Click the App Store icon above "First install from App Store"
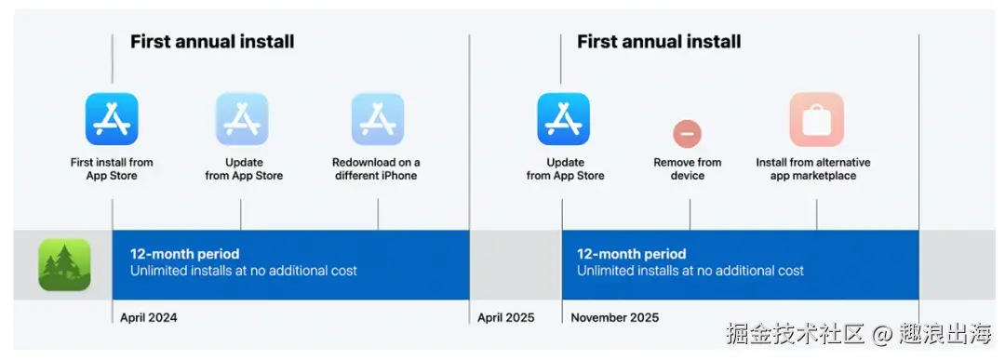[113, 119]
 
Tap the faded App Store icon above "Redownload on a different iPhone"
[378, 119]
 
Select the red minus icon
[687, 134]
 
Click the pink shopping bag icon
[817, 120]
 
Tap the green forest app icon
[64, 264]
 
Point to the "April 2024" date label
[149, 318]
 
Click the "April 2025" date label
[505, 318]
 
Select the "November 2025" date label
[615, 318]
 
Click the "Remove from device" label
[688, 169]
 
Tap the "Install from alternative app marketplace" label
[813, 169]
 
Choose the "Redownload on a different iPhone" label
[376, 169]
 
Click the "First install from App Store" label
[112, 169]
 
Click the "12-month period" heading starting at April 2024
[184, 254]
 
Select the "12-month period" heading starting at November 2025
[631, 254]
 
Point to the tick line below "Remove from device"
[690, 214]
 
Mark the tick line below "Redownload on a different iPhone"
[378, 214]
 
